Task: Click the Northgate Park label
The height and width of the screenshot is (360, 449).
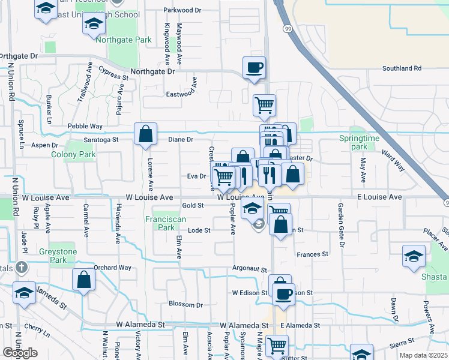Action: (123, 40)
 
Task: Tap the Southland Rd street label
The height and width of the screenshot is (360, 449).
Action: (402, 68)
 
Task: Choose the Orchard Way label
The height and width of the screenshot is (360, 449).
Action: (112, 268)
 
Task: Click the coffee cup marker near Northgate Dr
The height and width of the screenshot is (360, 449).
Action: (254, 67)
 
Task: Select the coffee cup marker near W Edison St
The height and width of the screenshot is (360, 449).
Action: (283, 294)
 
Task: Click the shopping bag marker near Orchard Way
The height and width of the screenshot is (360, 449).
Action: (84, 279)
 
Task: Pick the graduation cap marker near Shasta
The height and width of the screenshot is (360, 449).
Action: (414, 255)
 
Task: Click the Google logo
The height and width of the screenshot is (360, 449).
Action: (20, 353)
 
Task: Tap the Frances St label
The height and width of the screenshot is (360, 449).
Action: (313, 254)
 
